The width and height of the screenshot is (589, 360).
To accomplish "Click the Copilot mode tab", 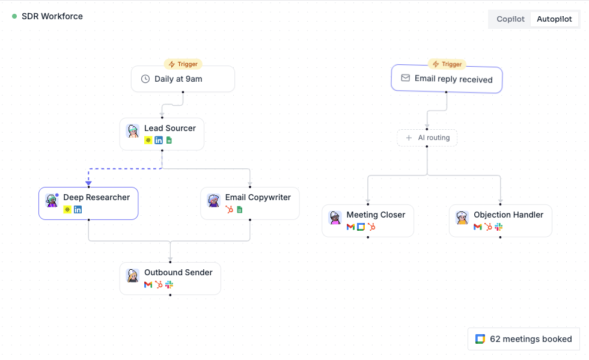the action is click(x=510, y=19).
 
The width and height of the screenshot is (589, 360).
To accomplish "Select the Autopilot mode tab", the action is click(x=554, y=19).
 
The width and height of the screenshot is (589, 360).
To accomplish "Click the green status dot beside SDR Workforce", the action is click(x=14, y=16).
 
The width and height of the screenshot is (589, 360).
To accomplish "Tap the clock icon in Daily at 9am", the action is click(x=145, y=79).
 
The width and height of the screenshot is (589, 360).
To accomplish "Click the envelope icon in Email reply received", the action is click(x=405, y=78).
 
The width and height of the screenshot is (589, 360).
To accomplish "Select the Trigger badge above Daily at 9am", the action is click(x=183, y=64).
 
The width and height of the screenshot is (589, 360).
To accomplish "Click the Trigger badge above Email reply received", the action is click(x=447, y=64).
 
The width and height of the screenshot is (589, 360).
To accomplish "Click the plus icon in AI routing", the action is click(x=409, y=138).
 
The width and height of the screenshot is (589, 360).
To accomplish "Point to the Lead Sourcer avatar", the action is click(x=133, y=131).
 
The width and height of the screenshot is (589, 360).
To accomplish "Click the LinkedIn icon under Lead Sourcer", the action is click(x=159, y=140).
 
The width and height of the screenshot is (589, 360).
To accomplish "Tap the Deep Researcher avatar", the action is click(x=52, y=200).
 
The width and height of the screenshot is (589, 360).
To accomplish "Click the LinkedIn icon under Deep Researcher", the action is click(x=78, y=210).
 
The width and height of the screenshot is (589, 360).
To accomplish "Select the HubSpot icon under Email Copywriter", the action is click(x=229, y=210).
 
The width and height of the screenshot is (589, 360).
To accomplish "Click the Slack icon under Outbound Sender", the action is click(x=169, y=284).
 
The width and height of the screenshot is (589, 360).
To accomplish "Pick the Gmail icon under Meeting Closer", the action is click(x=350, y=227).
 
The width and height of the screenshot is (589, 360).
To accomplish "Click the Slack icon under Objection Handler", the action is click(x=498, y=227).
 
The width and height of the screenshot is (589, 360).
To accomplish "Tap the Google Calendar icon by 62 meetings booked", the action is click(x=480, y=339).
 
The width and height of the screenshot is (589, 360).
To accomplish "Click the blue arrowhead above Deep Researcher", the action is click(x=89, y=183).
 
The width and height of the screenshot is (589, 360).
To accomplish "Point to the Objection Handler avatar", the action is click(x=462, y=218).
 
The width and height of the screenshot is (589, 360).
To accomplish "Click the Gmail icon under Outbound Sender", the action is click(x=148, y=285).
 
